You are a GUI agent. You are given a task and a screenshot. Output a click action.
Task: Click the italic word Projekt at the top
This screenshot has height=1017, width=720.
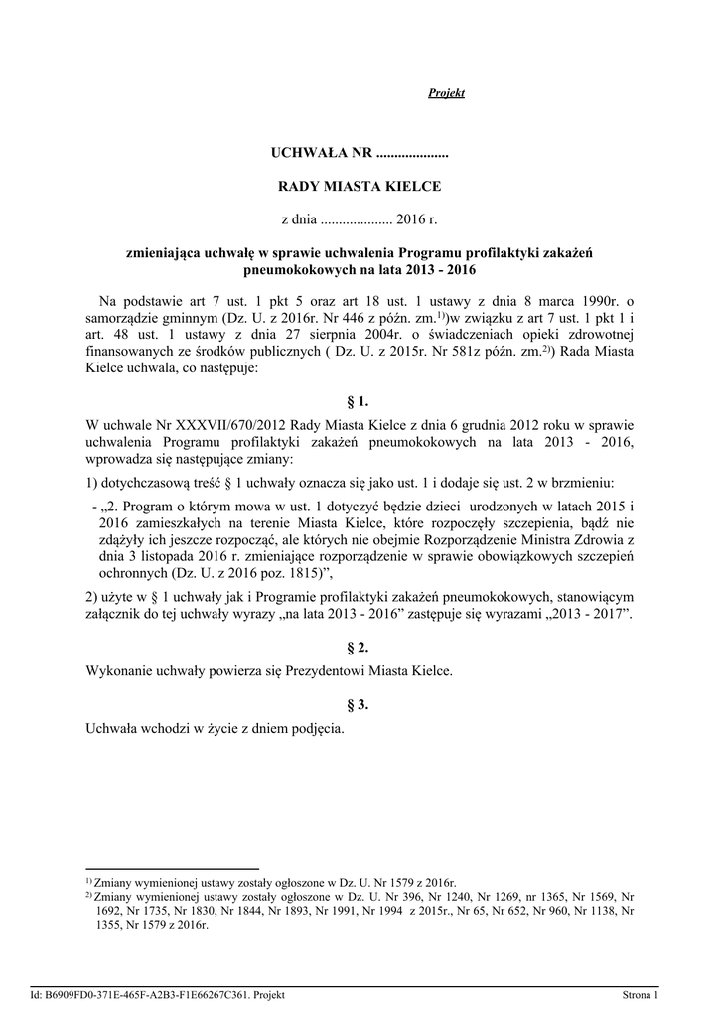(x=447, y=92)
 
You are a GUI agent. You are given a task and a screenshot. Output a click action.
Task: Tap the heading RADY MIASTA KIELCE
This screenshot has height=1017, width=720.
(x=359, y=186)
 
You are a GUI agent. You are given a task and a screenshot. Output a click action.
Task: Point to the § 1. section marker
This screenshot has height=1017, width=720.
(x=359, y=401)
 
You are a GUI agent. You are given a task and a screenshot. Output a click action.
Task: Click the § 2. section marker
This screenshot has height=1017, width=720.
(x=359, y=648)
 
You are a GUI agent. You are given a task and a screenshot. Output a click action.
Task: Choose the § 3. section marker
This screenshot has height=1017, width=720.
(x=359, y=705)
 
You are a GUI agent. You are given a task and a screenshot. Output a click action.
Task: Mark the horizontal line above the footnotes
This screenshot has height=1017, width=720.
(x=173, y=868)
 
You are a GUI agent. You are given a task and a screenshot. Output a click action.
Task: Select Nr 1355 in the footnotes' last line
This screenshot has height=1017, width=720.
(x=117, y=924)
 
